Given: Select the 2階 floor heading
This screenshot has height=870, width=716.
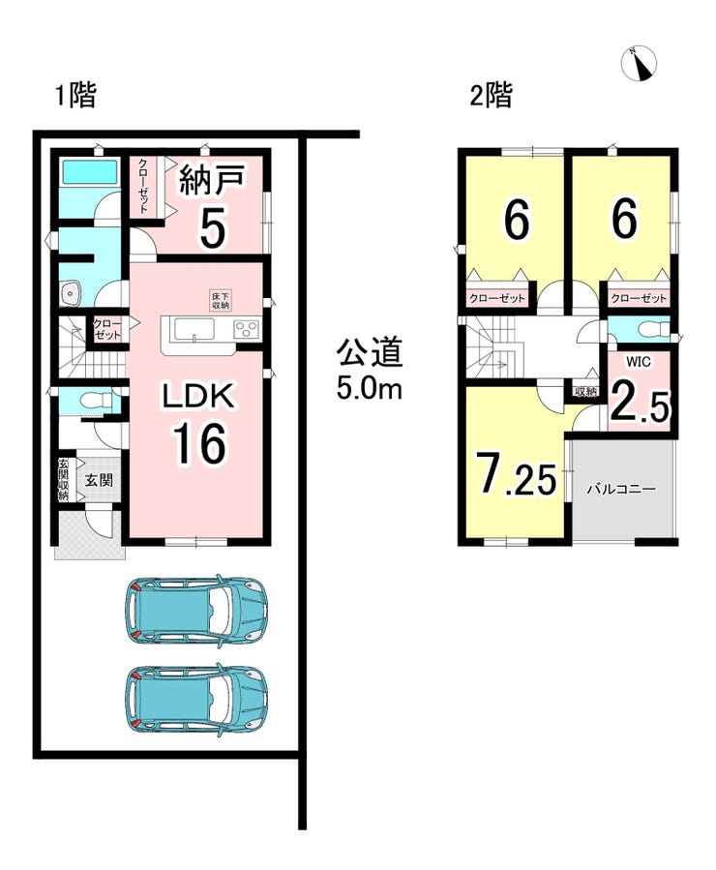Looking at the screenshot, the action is point(492,95).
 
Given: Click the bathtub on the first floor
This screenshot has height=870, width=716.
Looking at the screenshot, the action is point(89,172).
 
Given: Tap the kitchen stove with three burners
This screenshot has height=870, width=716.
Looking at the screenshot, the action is point(246,330).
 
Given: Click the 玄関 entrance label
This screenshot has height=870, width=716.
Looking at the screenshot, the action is point(99,480).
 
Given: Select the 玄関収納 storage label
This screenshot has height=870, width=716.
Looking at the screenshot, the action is point(64,480).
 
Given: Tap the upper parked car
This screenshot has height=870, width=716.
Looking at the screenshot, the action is point(196,610).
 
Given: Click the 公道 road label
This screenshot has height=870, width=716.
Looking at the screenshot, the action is point(370,353).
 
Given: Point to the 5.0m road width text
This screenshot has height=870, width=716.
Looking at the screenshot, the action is point(370,390).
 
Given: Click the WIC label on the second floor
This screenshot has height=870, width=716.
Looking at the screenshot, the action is point(639,362).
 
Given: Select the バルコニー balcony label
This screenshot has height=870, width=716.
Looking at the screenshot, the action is point(621,490).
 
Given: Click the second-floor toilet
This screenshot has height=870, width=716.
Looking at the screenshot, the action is point(649,330).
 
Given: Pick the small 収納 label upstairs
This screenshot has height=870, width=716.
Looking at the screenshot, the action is point(585,392).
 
